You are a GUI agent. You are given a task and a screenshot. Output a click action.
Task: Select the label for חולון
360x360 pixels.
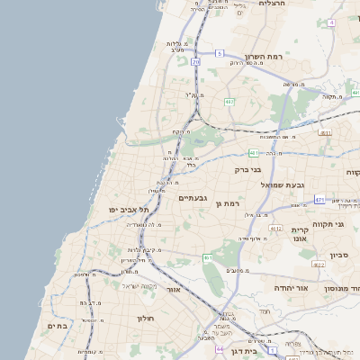(x=146, y=318)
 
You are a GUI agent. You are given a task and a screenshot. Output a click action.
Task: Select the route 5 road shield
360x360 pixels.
(x=219, y=54)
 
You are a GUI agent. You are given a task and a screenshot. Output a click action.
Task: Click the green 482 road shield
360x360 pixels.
(x=229, y=102)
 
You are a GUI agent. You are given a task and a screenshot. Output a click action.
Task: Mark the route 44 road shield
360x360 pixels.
(x=220, y=348)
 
